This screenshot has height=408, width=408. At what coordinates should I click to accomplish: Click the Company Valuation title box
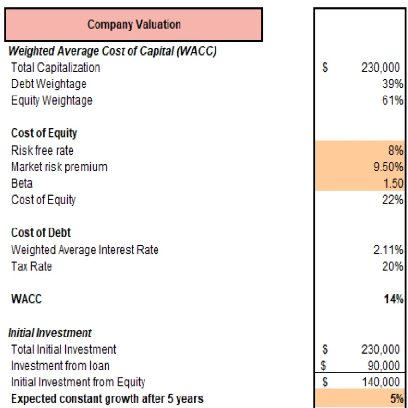pyautogui.click(x=133, y=24)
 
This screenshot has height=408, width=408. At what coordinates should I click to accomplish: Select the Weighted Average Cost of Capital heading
pyautogui.click(x=112, y=51)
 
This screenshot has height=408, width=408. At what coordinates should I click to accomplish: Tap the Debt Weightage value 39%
pyautogui.click(x=393, y=84)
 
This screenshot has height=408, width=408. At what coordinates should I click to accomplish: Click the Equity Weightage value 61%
pyautogui.click(x=393, y=101)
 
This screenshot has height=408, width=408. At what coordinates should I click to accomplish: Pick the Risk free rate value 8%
pyautogui.click(x=395, y=151)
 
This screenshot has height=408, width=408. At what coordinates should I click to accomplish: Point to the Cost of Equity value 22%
pyautogui.click(x=393, y=200)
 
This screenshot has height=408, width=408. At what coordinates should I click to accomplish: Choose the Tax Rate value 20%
pyautogui.click(x=393, y=266)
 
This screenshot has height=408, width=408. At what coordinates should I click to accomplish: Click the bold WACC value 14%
pyautogui.click(x=394, y=300)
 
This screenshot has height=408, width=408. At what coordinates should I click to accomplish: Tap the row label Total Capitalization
pyautogui.click(x=56, y=68)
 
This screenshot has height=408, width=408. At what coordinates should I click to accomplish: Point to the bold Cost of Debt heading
pyautogui.click(x=41, y=233)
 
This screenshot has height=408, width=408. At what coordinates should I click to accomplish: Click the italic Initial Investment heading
pyautogui.click(x=49, y=333)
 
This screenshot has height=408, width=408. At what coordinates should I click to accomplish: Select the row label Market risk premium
pyautogui.click(x=59, y=167)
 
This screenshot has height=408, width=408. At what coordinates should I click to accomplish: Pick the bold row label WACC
pyautogui.click(x=26, y=300)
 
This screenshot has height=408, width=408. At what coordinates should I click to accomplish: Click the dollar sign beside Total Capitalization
pyautogui.click(x=325, y=68)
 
